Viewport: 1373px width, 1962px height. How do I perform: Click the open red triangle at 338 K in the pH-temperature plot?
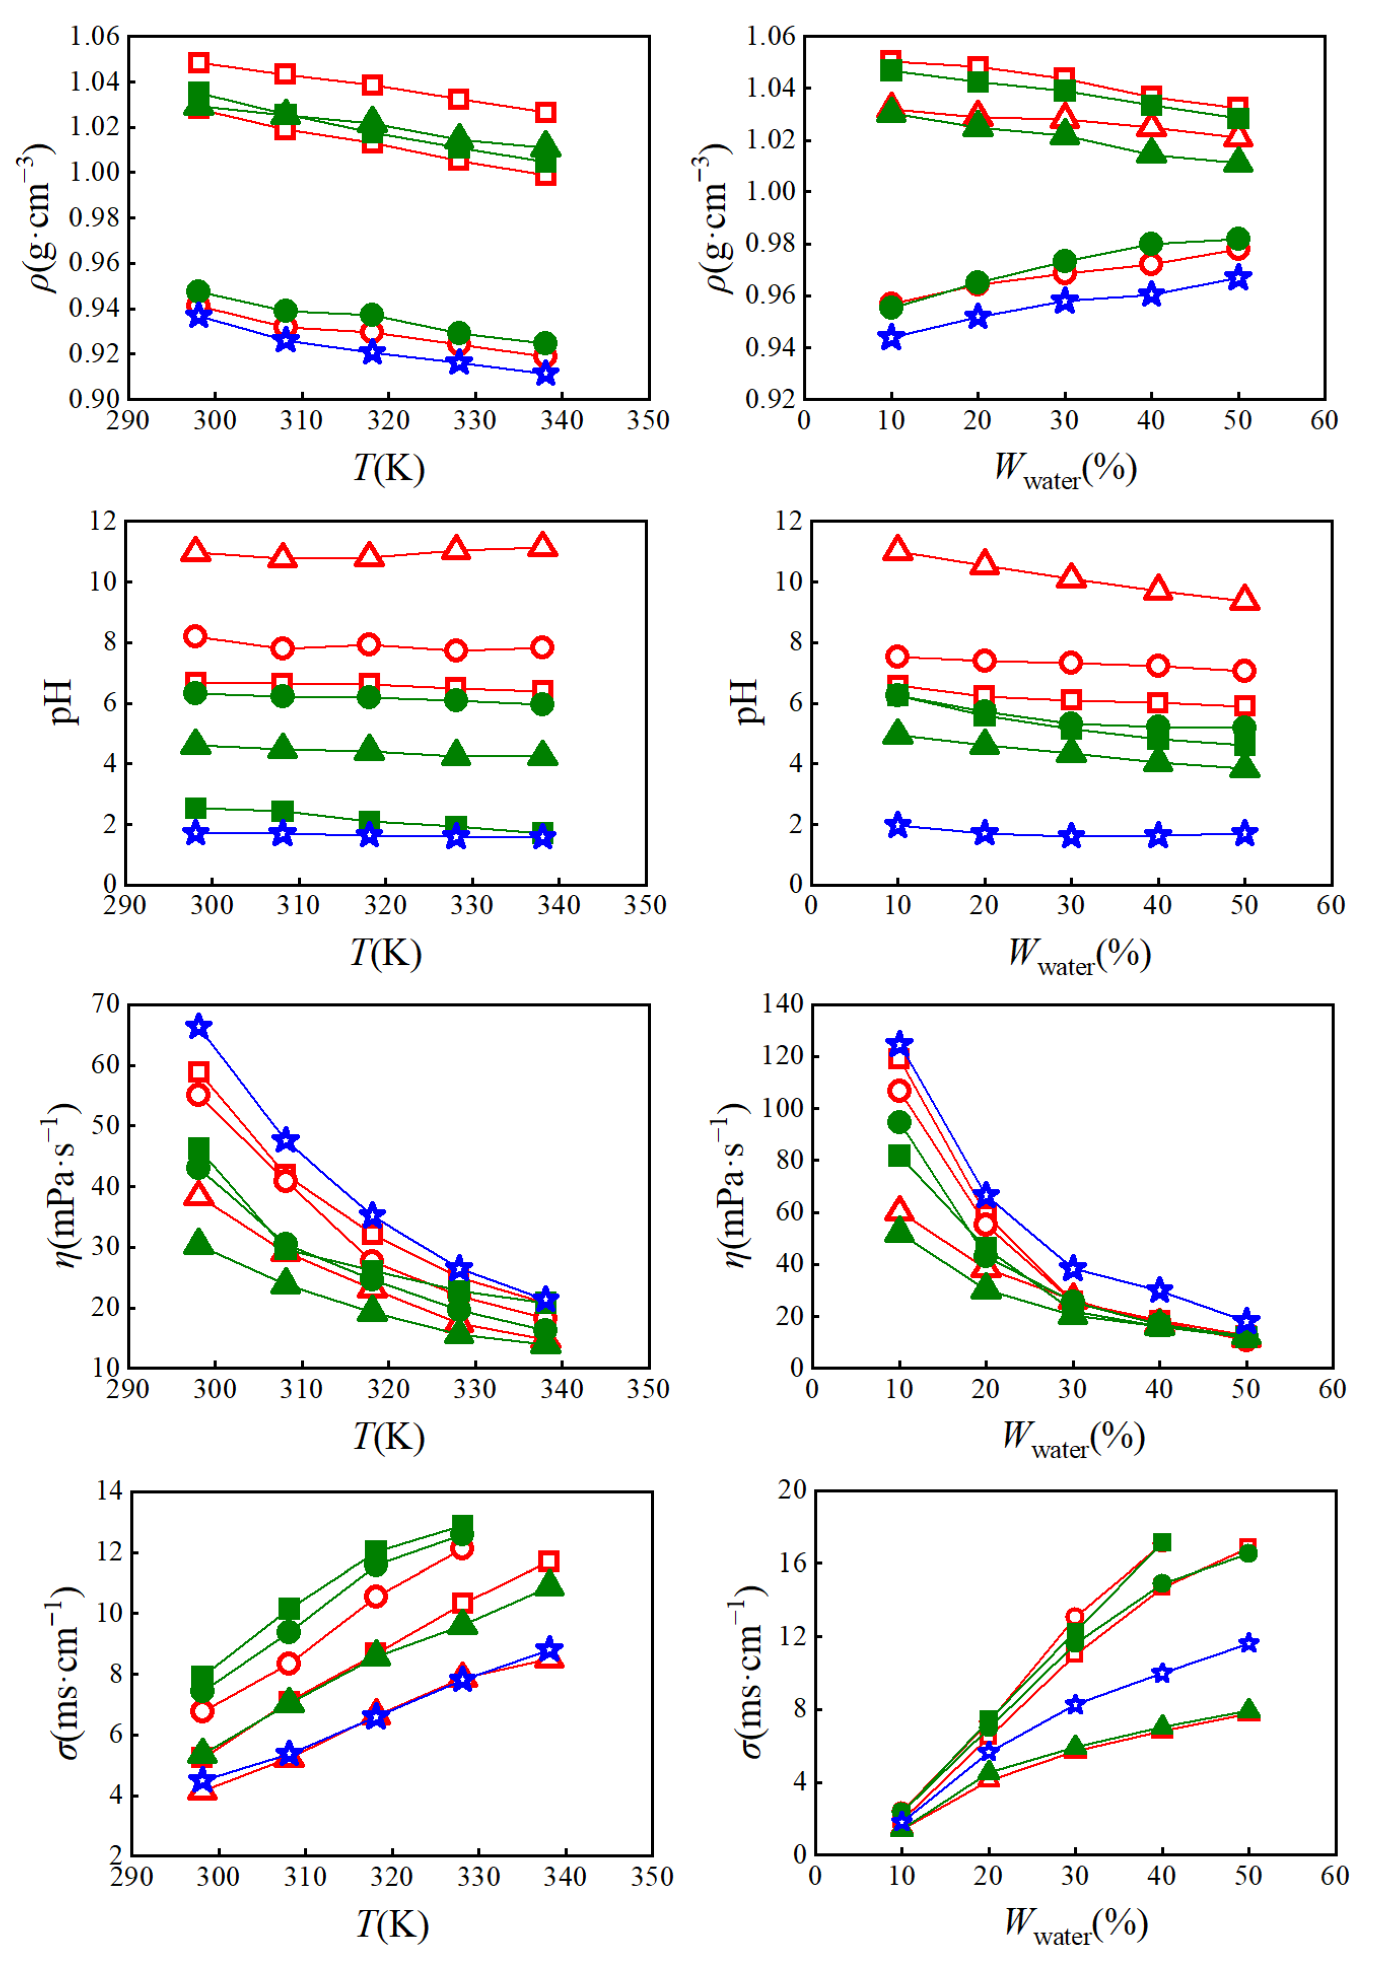(x=543, y=545)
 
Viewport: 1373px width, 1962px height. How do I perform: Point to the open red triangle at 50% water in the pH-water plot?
(x=1245, y=598)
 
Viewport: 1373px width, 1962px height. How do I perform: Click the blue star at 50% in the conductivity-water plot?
(x=1248, y=1643)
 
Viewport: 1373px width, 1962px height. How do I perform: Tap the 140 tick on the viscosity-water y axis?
(x=783, y=1004)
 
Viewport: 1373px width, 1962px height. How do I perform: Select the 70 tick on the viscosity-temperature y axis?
(x=106, y=1004)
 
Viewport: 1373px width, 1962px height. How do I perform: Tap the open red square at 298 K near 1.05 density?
(x=199, y=62)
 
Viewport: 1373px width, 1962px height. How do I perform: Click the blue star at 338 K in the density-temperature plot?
(x=546, y=373)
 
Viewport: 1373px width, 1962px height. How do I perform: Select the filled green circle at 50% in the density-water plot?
(x=1238, y=238)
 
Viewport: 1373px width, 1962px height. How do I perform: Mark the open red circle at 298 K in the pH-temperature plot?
(x=196, y=636)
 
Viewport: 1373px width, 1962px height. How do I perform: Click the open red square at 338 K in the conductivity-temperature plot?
(x=548, y=1561)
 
